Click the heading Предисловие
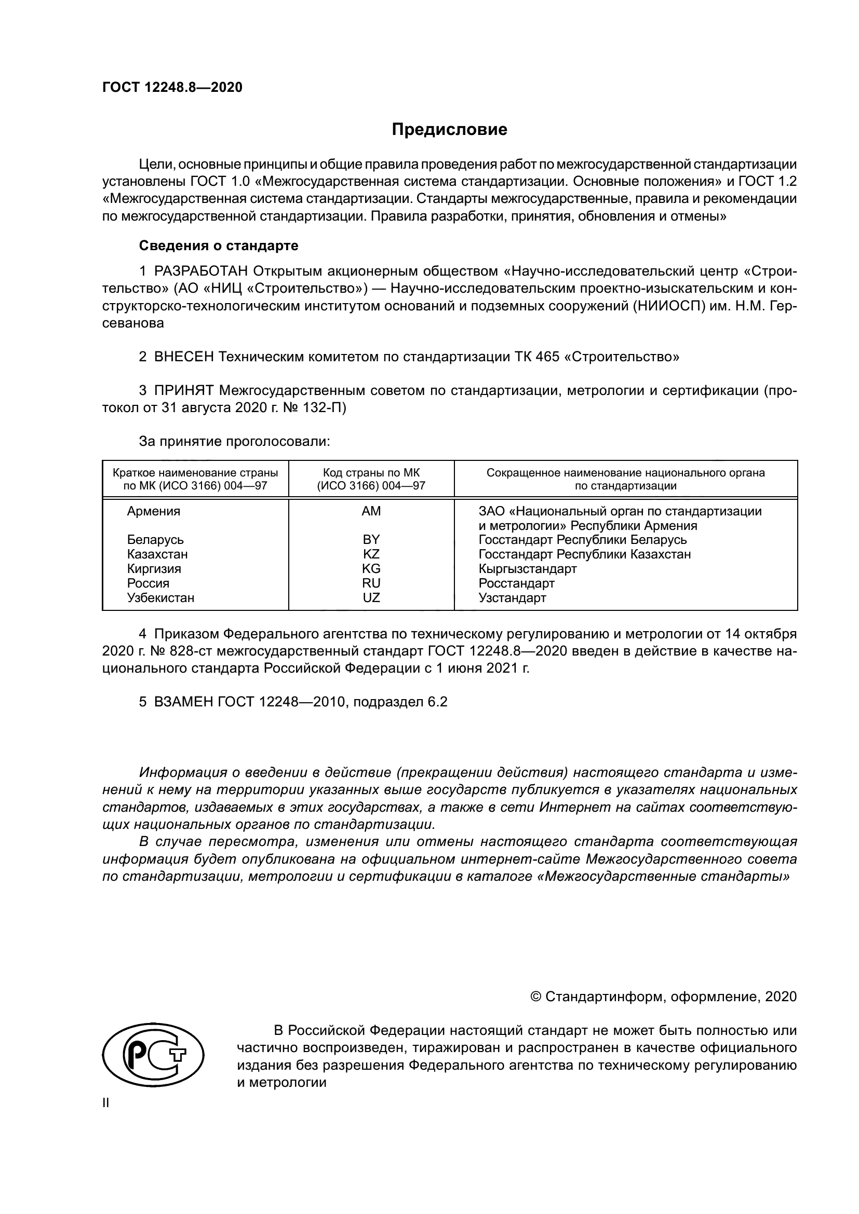pyautogui.click(x=449, y=130)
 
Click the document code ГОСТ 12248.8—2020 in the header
pyautogui.click(x=172, y=88)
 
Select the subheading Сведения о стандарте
pyautogui.click(x=219, y=245)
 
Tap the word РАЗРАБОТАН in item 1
pyautogui.click(x=201, y=271)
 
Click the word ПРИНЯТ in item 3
pyautogui.click(x=184, y=391)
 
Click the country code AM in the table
pyautogui.click(x=371, y=511)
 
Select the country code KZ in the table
pyautogui.click(x=371, y=554)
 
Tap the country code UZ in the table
pyautogui.click(x=371, y=597)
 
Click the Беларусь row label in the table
pyautogui.click(x=155, y=540)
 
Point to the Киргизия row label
pyautogui.click(x=154, y=569)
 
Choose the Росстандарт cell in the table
pyautogui.click(x=516, y=583)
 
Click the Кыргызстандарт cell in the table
pyautogui.click(x=527, y=569)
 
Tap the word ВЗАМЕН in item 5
pyautogui.click(x=183, y=702)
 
